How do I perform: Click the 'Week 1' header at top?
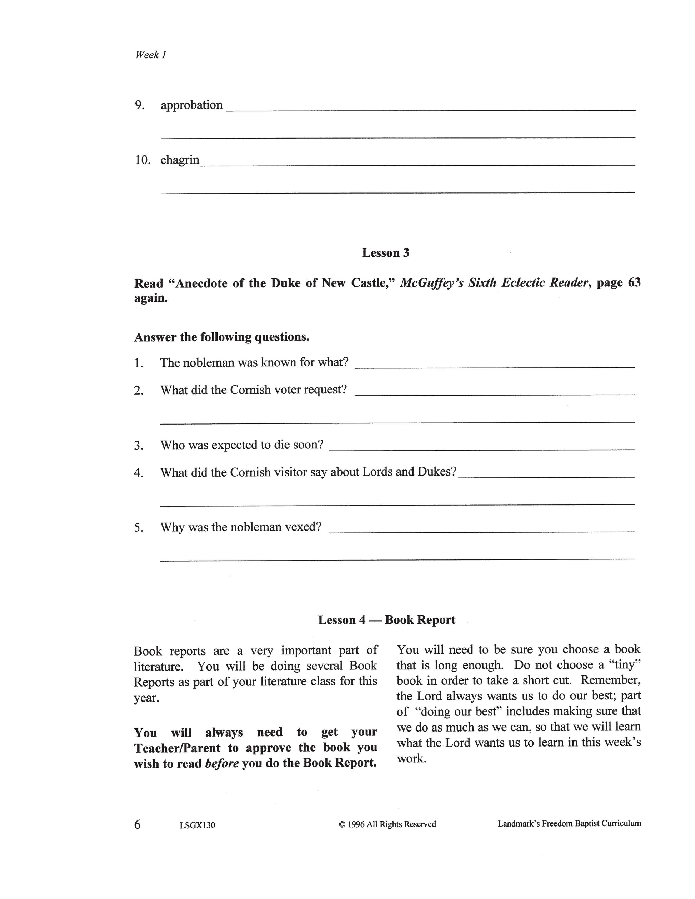pyautogui.click(x=150, y=55)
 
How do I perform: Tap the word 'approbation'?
pyautogui.click(x=191, y=105)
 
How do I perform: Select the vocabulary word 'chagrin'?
pyautogui.click(x=180, y=160)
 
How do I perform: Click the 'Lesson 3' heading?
pyautogui.click(x=385, y=253)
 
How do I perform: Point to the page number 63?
pyautogui.click(x=634, y=282)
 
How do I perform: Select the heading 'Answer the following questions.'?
pyautogui.click(x=221, y=337)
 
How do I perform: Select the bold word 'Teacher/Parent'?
pyautogui.click(x=177, y=748)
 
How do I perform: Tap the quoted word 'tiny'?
pyautogui.click(x=625, y=665)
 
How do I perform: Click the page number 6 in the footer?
pyautogui.click(x=137, y=824)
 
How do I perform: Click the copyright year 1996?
pyautogui.click(x=356, y=824)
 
